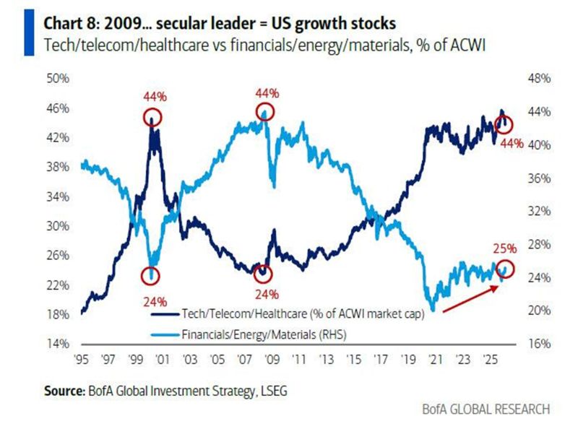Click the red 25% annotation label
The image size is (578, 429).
[506, 248]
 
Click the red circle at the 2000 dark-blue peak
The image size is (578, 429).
[152, 117]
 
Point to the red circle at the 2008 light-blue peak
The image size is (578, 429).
[266, 111]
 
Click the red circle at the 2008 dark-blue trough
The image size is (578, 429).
[263, 274]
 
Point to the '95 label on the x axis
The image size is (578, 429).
[81, 358]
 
